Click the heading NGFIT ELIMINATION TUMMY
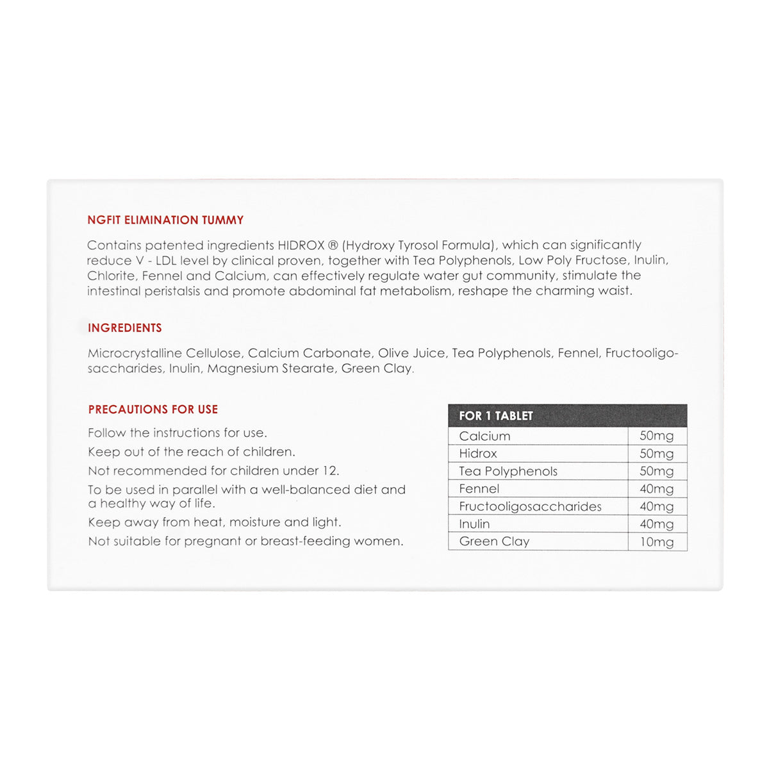pyautogui.click(x=165, y=220)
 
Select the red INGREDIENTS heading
pyautogui.click(x=125, y=327)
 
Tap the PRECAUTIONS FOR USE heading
pyautogui.click(x=153, y=409)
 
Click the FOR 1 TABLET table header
pyautogui.click(x=495, y=416)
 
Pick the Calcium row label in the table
pyautogui.click(x=484, y=436)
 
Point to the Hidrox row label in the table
pyautogui.click(x=478, y=453)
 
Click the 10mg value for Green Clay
pyautogui.click(x=657, y=542)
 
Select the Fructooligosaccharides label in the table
pyautogui.click(x=530, y=506)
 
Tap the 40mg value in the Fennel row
pyautogui.click(x=657, y=488)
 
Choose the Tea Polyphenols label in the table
pyautogui.click(x=508, y=471)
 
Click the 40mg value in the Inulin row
pyautogui.click(x=657, y=524)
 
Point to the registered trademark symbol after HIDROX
pyautogui.click(x=333, y=245)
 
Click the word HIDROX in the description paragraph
pyautogui.click(x=301, y=245)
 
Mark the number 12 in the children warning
pyautogui.click(x=329, y=470)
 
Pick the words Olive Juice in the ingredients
pyautogui.click(x=412, y=353)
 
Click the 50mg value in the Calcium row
pyautogui.click(x=657, y=436)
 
